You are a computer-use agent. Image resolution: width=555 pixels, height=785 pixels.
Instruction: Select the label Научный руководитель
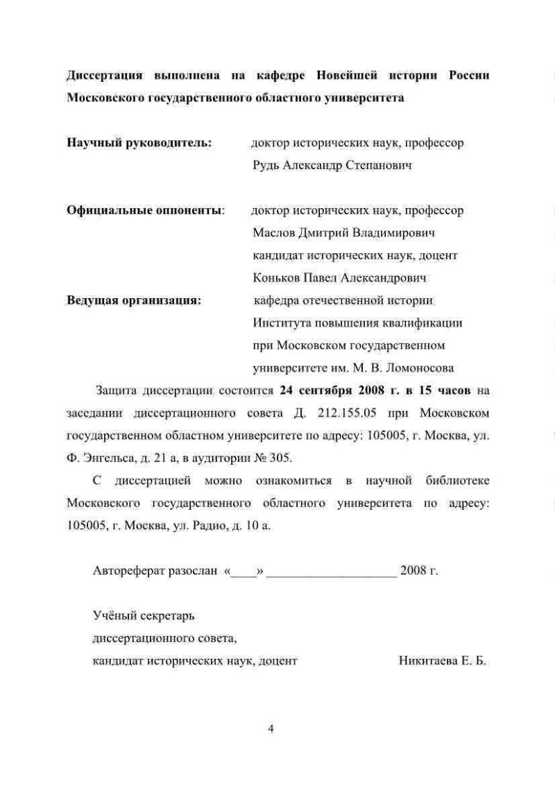[x=139, y=143]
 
